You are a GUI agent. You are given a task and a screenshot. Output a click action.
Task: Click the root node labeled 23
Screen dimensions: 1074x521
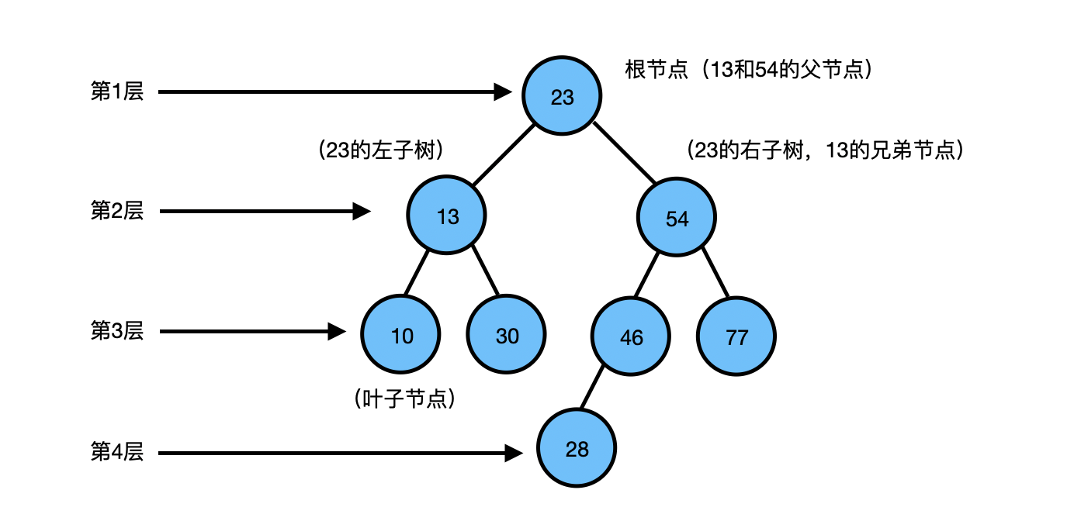[562, 96]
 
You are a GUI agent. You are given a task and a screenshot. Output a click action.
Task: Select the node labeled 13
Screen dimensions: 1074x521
[446, 215]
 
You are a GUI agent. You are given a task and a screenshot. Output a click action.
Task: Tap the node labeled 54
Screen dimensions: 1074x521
[677, 217]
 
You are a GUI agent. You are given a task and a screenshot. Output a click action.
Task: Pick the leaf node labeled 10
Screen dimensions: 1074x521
[400, 334]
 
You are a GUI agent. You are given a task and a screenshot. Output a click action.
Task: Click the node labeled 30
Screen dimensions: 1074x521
[506, 334]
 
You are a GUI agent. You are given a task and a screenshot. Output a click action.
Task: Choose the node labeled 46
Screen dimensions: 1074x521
[630, 336]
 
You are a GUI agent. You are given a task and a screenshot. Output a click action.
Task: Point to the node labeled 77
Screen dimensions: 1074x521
[736, 336]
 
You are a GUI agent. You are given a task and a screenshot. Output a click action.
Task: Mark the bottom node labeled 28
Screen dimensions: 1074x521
[577, 448]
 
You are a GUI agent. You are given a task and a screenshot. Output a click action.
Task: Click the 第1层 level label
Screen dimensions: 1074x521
[117, 91]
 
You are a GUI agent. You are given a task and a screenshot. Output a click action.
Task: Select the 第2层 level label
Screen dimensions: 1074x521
[117, 211]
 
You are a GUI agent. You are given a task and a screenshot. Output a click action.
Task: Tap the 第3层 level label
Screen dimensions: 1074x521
[117, 331]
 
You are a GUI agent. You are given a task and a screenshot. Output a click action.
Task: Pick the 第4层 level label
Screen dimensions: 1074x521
[117, 451]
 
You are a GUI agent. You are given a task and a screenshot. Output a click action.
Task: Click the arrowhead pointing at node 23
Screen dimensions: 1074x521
[503, 92]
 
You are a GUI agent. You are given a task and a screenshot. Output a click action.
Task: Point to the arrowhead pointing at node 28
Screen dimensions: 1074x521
[514, 453]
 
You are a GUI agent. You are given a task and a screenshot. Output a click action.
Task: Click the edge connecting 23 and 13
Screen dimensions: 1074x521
[504, 155]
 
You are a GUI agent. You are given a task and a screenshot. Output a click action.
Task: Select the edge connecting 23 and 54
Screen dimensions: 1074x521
[625, 154]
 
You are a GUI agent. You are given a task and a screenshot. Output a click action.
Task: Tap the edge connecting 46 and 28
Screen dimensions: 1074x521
[591, 388]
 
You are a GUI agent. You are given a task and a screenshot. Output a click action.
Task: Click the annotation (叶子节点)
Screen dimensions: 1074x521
[404, 399]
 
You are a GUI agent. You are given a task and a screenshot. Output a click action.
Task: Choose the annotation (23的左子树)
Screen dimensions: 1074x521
[381, 150]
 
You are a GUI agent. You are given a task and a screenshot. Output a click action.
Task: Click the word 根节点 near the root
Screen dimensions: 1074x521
[657, 70]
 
